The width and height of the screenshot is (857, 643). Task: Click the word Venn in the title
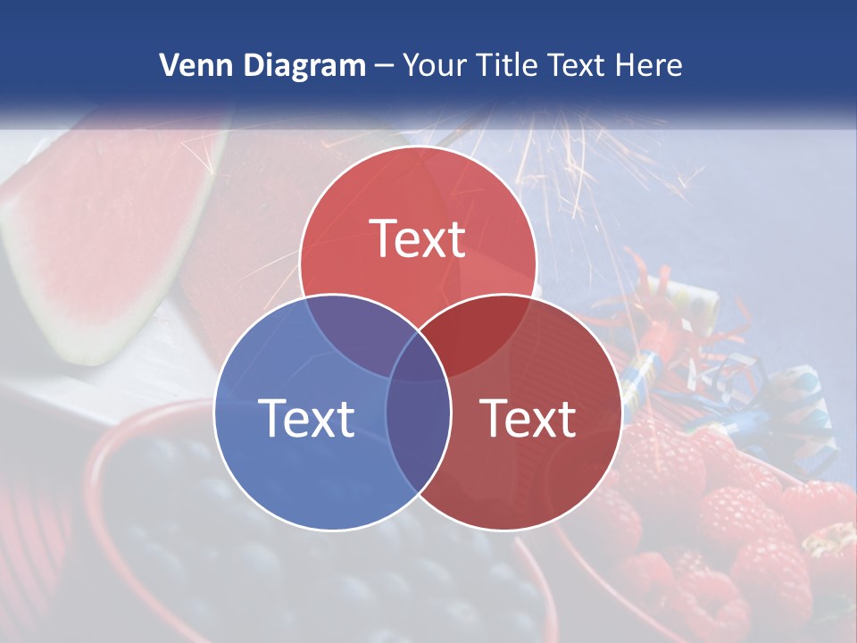point(191,65)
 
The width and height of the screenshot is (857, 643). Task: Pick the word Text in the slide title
point(576,65)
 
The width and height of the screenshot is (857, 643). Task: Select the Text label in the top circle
point(418,238)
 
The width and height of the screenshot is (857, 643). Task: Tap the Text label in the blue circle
point(306,417)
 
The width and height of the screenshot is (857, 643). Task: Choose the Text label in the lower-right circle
point(528,417)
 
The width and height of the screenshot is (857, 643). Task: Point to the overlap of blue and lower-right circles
point(418,429)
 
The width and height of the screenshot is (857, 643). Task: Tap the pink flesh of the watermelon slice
point(107,223)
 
